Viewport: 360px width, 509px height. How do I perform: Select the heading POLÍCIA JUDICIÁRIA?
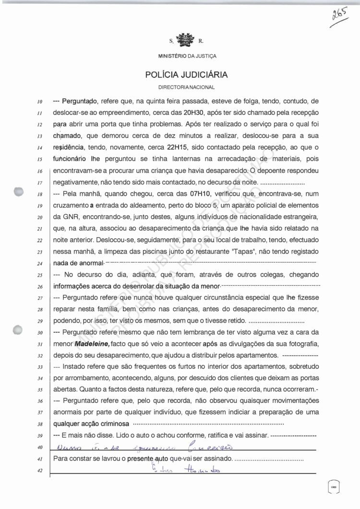187,75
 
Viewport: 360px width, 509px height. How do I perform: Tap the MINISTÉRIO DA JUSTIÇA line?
187,56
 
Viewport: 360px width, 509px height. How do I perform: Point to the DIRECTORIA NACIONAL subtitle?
187,87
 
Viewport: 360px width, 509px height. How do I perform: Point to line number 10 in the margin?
40,101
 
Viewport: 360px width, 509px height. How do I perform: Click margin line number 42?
40,471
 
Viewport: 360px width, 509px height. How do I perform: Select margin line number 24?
40,264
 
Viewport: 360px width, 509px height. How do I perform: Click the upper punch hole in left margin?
19,191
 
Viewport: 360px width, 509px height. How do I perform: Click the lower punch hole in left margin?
19,330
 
